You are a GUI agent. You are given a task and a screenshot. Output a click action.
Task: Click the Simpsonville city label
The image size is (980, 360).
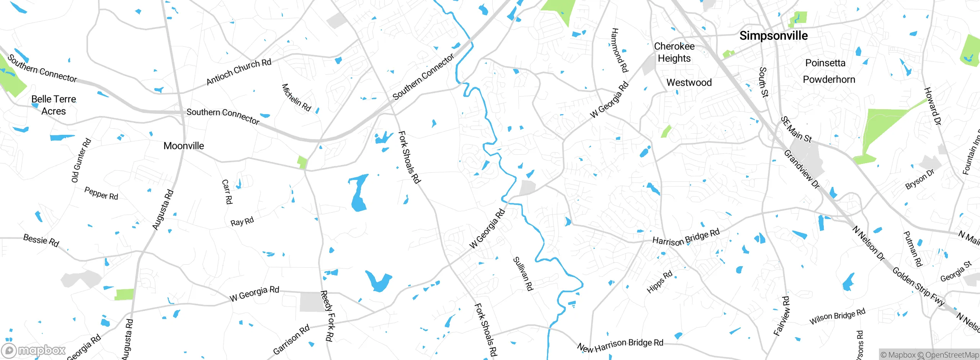coord(773,36)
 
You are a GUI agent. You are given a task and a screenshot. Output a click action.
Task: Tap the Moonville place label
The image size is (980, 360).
coord(184,146)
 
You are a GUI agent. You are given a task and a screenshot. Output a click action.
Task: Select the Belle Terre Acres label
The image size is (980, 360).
coord(54,105)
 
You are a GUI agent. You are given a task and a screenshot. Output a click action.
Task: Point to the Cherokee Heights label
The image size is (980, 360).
coord(674,52)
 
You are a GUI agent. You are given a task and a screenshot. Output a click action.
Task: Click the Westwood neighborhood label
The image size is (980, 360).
coord(689,82)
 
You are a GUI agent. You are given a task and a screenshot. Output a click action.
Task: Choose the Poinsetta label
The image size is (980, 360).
coord(825,63)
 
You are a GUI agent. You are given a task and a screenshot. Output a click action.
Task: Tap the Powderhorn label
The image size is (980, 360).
coord(829,80)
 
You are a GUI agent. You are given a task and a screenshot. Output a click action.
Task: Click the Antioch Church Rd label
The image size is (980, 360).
coord(238,72)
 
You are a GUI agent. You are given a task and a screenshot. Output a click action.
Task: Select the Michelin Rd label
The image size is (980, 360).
coord(296,97)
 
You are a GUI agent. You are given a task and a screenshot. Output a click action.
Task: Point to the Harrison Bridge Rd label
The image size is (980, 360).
coord(686,237)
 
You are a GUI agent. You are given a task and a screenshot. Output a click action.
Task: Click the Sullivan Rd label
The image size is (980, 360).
coord(523,273)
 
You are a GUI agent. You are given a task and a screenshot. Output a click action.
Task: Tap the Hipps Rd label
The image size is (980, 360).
coord(659,282)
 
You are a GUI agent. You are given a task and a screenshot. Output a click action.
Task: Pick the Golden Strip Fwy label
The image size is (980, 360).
coord(918,286)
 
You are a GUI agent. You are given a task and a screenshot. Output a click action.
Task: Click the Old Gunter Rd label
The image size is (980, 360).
coord(81,160)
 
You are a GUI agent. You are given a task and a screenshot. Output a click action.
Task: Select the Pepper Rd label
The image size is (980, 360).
coord(101,193)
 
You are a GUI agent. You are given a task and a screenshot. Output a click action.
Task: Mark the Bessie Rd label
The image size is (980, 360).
coord(41,240)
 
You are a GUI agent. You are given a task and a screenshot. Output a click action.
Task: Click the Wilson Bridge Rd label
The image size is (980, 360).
coord(837,316)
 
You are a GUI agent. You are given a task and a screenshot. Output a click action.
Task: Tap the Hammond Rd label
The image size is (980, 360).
coord(619,50)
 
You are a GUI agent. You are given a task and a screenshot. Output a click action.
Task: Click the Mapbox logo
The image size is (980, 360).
coord(34,350)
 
